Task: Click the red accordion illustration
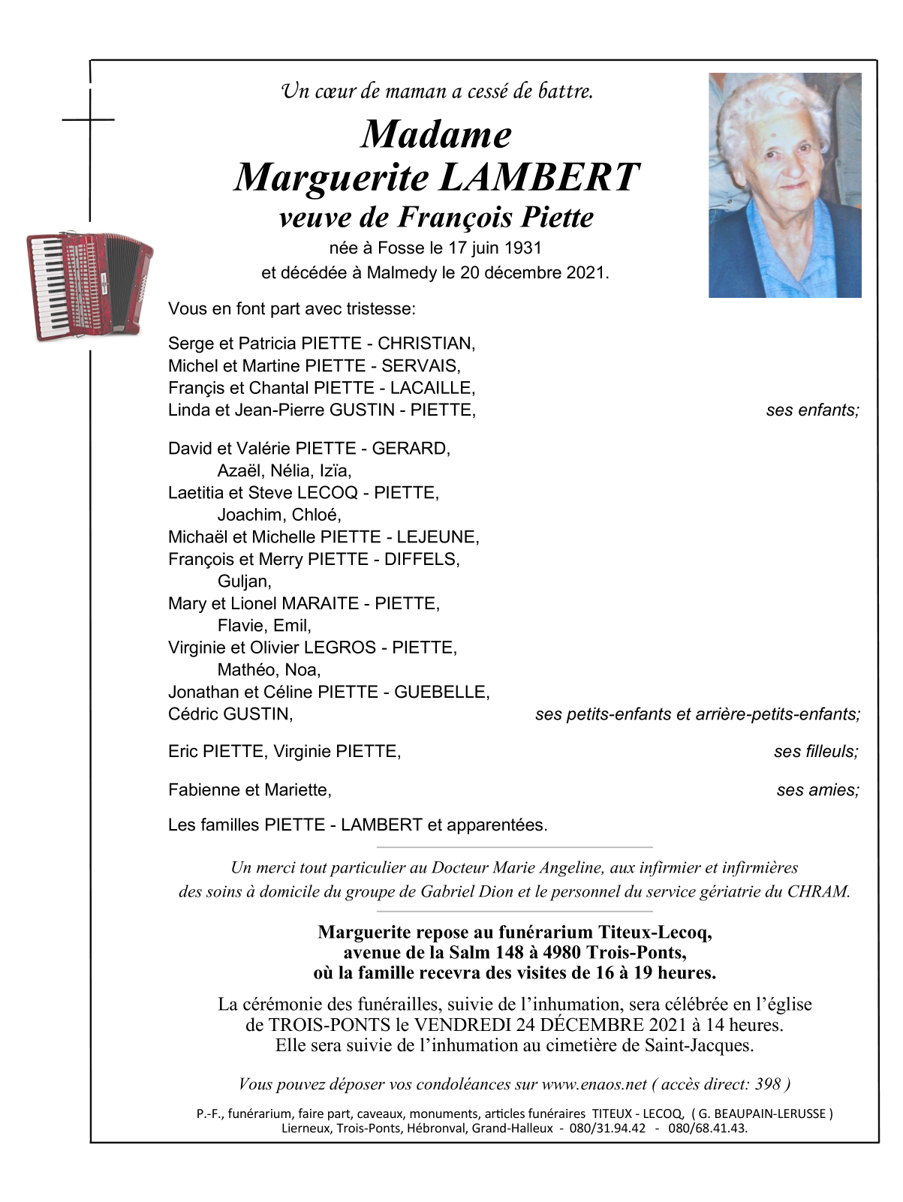(89, 285)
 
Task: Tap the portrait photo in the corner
(784, 185)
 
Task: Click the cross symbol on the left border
(89, 119)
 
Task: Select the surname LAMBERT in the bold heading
(539, 178)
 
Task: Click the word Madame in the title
(436, 135)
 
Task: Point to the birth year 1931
(523, 248)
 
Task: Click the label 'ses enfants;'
(812, 410)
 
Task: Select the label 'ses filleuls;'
(816, 752)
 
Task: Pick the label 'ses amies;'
(817, 790)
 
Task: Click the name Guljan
(243, 581)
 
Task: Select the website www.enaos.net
(594, 1084)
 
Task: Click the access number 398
(768, 1084)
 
